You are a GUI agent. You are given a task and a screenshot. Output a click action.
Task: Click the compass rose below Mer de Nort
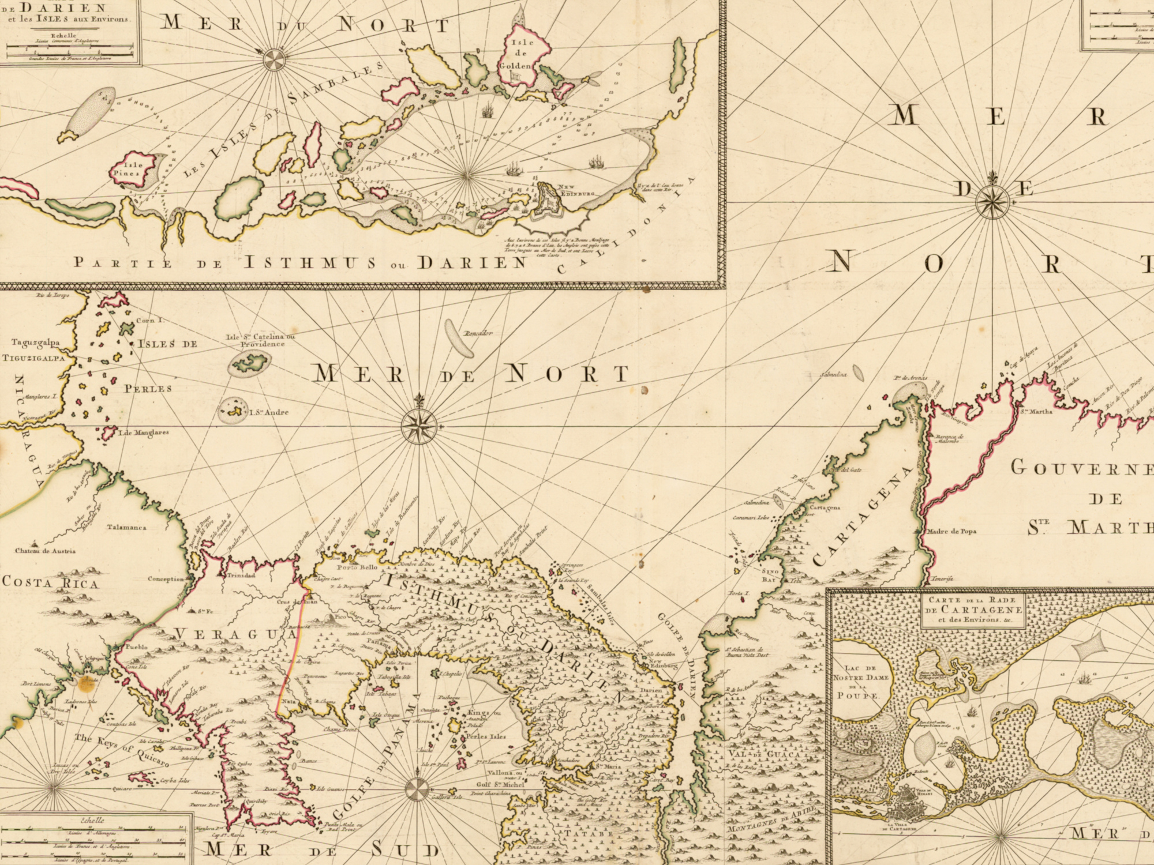(419, 426)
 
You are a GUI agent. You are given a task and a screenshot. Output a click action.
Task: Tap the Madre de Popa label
(952, 532)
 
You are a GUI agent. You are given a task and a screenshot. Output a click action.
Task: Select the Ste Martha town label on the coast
(1036, 412)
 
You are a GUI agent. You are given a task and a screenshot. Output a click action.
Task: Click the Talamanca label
(126, 527)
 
